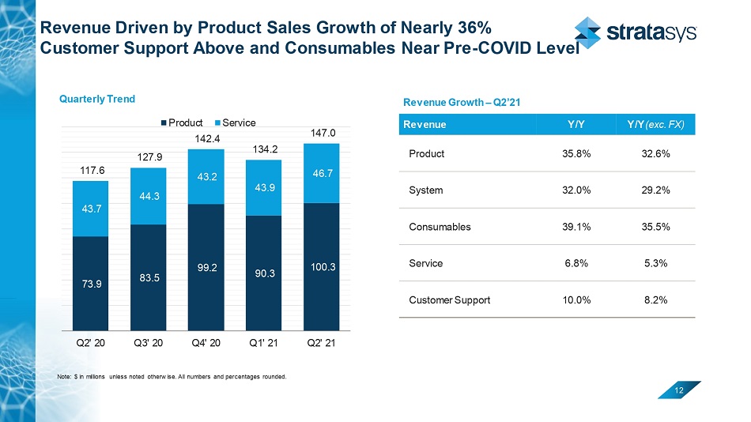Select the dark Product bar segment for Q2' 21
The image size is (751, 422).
point(323,266)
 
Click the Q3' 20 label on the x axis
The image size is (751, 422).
point(148,344)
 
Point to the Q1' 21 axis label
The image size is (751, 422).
point(264,344)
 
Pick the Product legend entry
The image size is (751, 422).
point(183,122)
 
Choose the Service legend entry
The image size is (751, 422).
point(236,122)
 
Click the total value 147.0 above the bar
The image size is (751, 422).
point(323,135)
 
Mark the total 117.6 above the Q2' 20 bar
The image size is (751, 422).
point(89,169)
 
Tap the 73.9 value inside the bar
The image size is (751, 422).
point(89,285)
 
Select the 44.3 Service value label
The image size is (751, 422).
point(148,197)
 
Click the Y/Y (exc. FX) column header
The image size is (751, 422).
point(655,124)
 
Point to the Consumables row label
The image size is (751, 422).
point(440,227)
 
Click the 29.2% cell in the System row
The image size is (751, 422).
point(655,190)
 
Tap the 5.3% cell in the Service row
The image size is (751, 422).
point(655,263)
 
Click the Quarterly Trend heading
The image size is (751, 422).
point(98,99)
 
